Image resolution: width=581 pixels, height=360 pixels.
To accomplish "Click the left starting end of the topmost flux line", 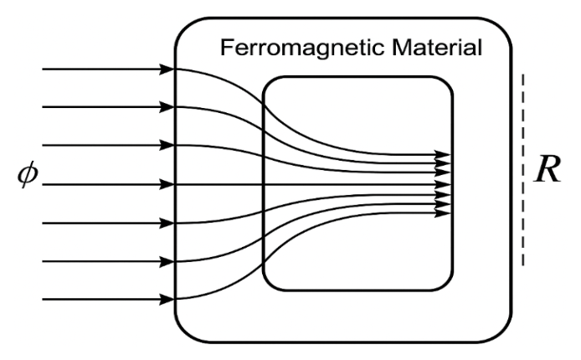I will (44, 69).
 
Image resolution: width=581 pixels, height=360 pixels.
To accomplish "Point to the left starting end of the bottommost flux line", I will (44, 299).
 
